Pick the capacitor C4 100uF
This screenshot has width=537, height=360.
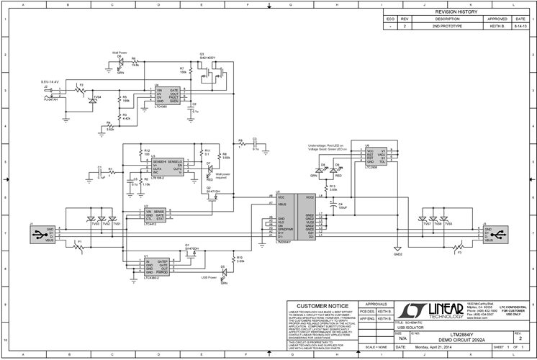click(x=331, y=206)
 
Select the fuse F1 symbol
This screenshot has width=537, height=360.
click(x=79, y=246)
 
